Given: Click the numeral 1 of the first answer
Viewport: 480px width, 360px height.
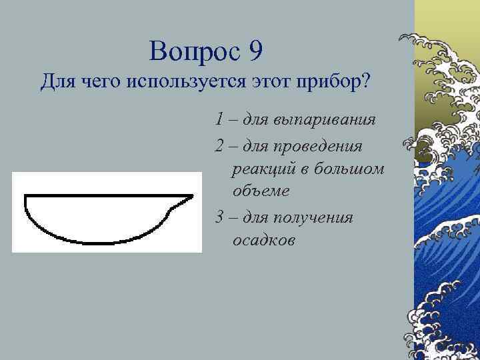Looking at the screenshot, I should pyautogui.click(x=219, y=121).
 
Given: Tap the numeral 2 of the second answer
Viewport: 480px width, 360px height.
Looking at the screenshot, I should pyautogui.click(x=219, y=145).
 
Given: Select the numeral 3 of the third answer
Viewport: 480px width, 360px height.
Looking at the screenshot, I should pyautogui.click(x=219, y=217).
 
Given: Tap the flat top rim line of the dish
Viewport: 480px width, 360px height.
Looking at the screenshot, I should pyautogui.click(x=100, y=196).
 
